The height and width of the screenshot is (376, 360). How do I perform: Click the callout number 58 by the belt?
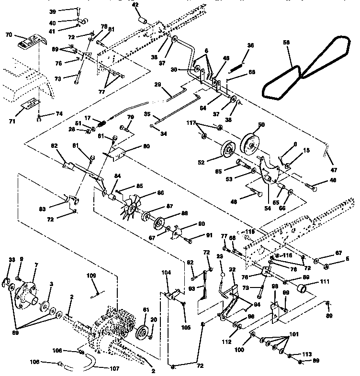point(287,43)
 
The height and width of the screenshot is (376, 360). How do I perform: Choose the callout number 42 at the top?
point(135,5)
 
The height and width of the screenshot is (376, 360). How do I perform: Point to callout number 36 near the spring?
point(250,46)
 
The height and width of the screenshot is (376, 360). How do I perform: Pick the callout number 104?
point(166,272)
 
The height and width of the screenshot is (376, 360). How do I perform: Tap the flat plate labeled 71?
point(32,103)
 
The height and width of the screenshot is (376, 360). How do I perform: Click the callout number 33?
point(12,260)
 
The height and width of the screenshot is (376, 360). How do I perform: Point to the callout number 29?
point(157,84)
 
